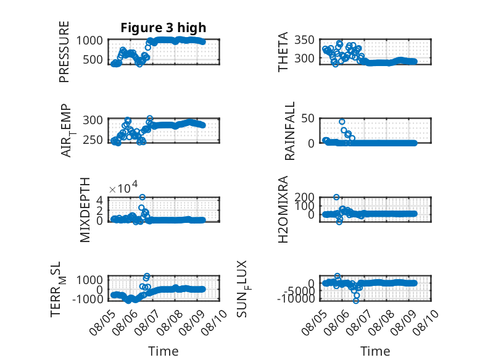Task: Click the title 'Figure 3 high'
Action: (163, 28)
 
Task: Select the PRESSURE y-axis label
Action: (64, 52)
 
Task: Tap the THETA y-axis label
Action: (283, 52)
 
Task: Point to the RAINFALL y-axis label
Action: (289, 131)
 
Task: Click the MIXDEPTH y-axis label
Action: (85, 210)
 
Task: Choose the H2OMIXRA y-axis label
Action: (283, 209)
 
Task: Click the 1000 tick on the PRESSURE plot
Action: (89, 40)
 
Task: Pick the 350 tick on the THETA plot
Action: (304, 40)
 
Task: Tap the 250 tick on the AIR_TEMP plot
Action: (93, 140)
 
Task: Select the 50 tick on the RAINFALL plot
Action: (308, 119)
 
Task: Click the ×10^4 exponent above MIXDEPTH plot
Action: (123, 187)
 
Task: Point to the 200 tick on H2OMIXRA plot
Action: (304, 197)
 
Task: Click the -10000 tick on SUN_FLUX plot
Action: (296, 298)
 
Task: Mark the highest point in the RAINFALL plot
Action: (342, 122)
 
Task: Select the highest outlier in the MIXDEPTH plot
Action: (142, 197)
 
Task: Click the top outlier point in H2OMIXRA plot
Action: (336, 197)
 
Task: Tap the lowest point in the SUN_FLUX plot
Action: (355, 301)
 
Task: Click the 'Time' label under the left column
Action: (163, 351)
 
